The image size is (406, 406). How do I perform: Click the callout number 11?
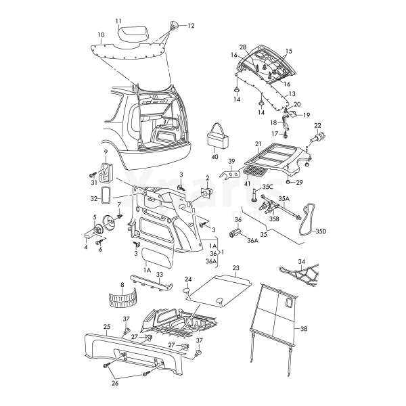pyautogui.click(x=118, y=22)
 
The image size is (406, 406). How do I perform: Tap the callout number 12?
pyautogui.click(x=190, y=26)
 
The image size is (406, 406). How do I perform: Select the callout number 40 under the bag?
pyautogui.click(x=215, y=157)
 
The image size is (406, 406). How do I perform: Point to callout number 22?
pyautogui.click(x=317, y=125)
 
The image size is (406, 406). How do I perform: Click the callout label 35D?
pyautogui.click(x=320, y=231)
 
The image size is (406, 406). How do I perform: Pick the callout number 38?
pyautogui.click(x=304, y=329)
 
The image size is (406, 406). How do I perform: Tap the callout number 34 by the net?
pyautogui.click(x=302, y=261)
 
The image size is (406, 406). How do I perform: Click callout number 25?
pyautogui.click(x=106, y=326)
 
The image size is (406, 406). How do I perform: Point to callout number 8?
pyautogui.click(x=122, y=286)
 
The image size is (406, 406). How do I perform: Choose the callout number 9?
pyautogui.click(x=106, y=151)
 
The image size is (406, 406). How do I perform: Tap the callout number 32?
pyautogui.click(x=93, y=199)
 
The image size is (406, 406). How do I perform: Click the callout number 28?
pyautogui.click(x=243, y=48)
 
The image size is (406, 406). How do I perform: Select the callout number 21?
pyautogui.click(x=258, y=144)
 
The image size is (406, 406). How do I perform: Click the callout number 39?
pyautogui.click(x=231, y=161)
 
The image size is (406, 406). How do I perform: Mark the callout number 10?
pyautogui.click(x=101, y=35)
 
